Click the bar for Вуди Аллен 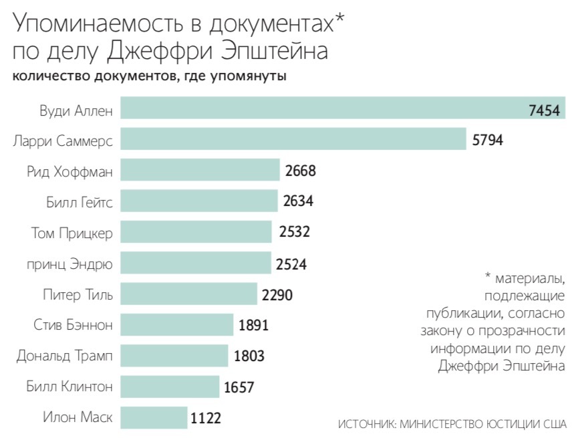[321, 108]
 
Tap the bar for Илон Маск [153, 418]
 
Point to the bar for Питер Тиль [188, 294]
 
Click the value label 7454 [543, 110]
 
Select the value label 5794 [486, 140]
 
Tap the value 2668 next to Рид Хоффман [299, 171]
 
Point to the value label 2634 [297, 201]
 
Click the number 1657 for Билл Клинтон [239, 387]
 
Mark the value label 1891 [253, 326]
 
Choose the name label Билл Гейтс [78, 201]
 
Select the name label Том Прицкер [71, 233]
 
